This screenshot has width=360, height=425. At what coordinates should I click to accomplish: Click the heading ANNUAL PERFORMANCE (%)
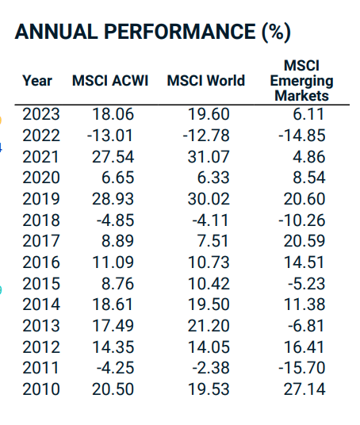click(153, 33)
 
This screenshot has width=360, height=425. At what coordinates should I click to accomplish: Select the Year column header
click(37, 81)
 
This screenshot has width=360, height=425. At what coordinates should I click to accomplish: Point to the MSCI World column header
click(206, 81)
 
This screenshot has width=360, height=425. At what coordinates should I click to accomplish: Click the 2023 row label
click(40, 114)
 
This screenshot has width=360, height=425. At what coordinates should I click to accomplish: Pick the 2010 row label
click(40, 389)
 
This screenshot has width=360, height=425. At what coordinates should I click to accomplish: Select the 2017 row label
click(40, 241)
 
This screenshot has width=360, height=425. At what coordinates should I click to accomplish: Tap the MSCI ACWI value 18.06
click(112, 114)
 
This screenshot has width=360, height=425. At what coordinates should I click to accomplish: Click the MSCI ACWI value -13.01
click(109, 136)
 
